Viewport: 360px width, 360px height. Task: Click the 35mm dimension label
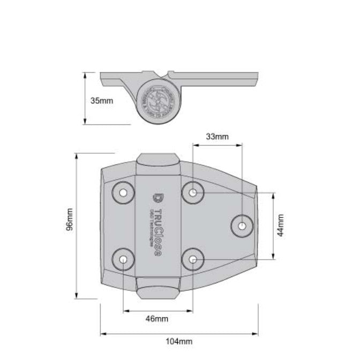click(102, 100)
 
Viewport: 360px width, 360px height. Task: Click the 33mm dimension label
click(217, 137)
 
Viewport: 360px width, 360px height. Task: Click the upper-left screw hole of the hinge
click(123, 192)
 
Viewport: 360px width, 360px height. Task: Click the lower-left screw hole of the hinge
click(123, 260)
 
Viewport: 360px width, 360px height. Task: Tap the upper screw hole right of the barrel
click(193, 192)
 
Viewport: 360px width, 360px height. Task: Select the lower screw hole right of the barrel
click(193, 260)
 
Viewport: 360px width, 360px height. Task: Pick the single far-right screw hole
click(242, 226)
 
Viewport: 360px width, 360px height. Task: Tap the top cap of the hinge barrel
click(157, 161)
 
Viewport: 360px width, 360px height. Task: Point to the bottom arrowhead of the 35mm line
click(85, 122)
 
